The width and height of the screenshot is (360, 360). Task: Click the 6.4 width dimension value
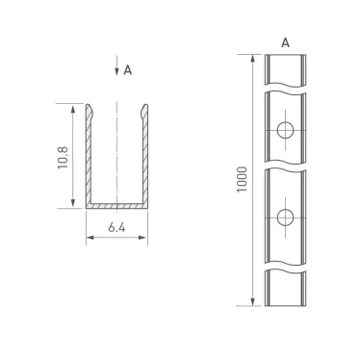117,228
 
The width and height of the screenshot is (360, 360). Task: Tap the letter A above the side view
285,42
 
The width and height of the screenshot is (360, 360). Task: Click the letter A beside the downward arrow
128,69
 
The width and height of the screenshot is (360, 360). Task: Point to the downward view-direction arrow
116,69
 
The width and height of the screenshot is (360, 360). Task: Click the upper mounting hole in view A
286,131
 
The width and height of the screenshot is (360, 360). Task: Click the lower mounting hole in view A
286,215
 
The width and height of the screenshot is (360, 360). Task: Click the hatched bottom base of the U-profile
117,205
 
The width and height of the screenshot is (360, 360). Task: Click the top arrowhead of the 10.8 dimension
73,109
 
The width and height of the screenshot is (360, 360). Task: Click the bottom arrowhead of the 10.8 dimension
73,204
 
